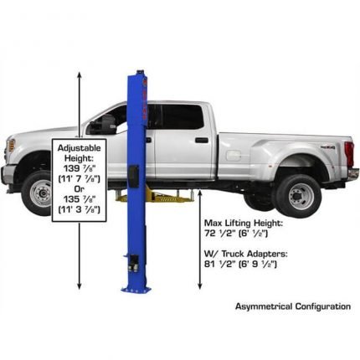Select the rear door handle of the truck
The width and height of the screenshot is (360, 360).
[x=201, y=140]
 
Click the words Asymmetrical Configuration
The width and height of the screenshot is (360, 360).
[x=292, y=306]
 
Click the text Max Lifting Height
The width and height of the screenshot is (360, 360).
[x=244, y=224]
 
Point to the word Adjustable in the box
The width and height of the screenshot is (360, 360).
[x=79, y=147]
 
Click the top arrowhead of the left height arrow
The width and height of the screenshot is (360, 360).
[x=79, y=74]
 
